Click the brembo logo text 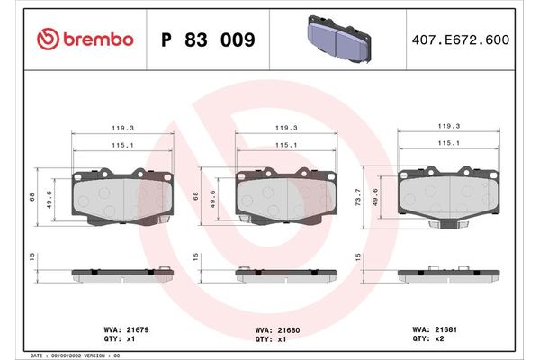[x=99, y=39]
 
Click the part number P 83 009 [x=207, y=40]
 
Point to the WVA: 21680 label [x=279, y=329]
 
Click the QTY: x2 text [x=429, y=339]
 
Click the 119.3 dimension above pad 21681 [x=448, y=127]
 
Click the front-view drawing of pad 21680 [x=285, y=195]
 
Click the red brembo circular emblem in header [x=47, y=39]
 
